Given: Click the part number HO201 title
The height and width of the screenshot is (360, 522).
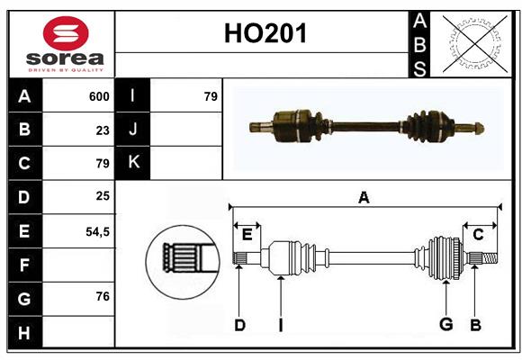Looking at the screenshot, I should pyautogui.click(x=265, y=34).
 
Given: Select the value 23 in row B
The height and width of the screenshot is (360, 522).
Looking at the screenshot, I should pyautogui.click(x=103, y=130).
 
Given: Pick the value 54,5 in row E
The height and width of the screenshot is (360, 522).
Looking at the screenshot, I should pyautogui.click(x=97, y=231).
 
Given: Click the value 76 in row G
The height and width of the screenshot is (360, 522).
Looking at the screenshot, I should pyautogui.click(x=103, y=297).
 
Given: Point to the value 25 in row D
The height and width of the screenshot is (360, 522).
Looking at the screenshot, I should pyautogui.click(x=103, y=195).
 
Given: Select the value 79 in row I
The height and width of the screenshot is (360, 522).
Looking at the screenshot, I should pyautogui.click(x=211, y=96).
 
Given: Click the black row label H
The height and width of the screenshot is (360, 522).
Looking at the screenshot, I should pyautogui.click(x=24, y=332).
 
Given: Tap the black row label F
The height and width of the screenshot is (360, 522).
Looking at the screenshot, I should pyautogui.click(x=24, y=265).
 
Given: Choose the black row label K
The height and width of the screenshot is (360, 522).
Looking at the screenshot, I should pyautogui.click(x=133, y=163).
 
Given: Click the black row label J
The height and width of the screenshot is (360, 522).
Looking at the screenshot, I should pyautogui.click(x=133, y=130).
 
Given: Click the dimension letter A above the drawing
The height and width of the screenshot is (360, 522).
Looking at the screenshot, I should pyautogui.click(x=364, y=197).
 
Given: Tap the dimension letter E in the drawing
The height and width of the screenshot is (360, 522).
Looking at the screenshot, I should pyautogui.click(x=247, y=234).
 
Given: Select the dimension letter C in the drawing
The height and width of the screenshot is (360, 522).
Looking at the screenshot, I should pyautogui.click(x=478, y=234).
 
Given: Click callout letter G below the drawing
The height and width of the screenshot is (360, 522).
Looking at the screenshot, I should pyautogui.click(x=445, y=325).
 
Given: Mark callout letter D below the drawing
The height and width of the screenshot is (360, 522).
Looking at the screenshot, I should pyautogui.click(x=239, y=325).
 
